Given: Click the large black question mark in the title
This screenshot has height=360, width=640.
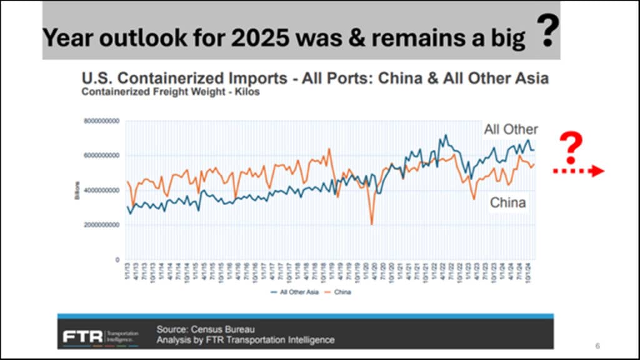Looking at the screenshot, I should tap(547, 32).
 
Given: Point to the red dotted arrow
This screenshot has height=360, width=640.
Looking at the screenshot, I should tap(578, 171).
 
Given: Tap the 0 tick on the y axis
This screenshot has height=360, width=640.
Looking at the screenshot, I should tap(117, 259).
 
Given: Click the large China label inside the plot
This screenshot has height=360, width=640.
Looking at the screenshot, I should tap(507, 202).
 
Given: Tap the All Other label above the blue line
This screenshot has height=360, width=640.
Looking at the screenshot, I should tap(511, 129).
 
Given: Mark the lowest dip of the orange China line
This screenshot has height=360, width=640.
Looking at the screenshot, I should tap(372, 224).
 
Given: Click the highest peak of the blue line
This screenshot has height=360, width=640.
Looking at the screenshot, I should tap(445, 135).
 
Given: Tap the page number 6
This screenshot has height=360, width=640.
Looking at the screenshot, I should tap(597, 346).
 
